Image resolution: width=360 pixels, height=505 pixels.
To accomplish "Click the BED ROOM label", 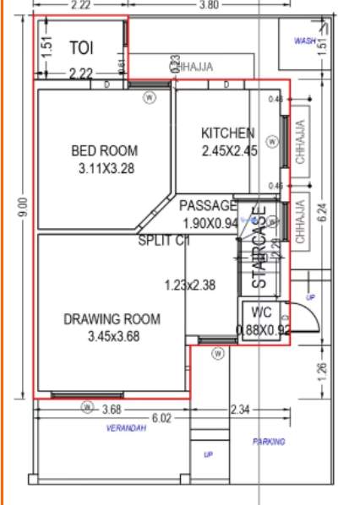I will [104, 151].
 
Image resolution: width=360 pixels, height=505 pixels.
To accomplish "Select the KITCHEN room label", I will [227, 133].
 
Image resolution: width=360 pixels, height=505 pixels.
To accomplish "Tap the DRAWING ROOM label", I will [112, 319].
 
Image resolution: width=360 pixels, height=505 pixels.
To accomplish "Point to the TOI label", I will [81, 46].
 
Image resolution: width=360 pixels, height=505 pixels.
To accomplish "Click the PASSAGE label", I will [208, 206].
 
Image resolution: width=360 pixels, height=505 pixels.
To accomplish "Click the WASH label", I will [303, 41].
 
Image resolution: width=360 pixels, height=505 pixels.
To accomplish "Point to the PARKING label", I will [268, 442].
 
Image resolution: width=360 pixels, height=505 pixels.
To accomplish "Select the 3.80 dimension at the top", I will [208, 5].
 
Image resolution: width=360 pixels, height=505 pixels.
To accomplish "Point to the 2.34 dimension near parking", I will [240, 410].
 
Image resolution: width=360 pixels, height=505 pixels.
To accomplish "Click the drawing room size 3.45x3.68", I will [112, 336].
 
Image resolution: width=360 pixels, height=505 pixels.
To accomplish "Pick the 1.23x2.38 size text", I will [190, 285].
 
